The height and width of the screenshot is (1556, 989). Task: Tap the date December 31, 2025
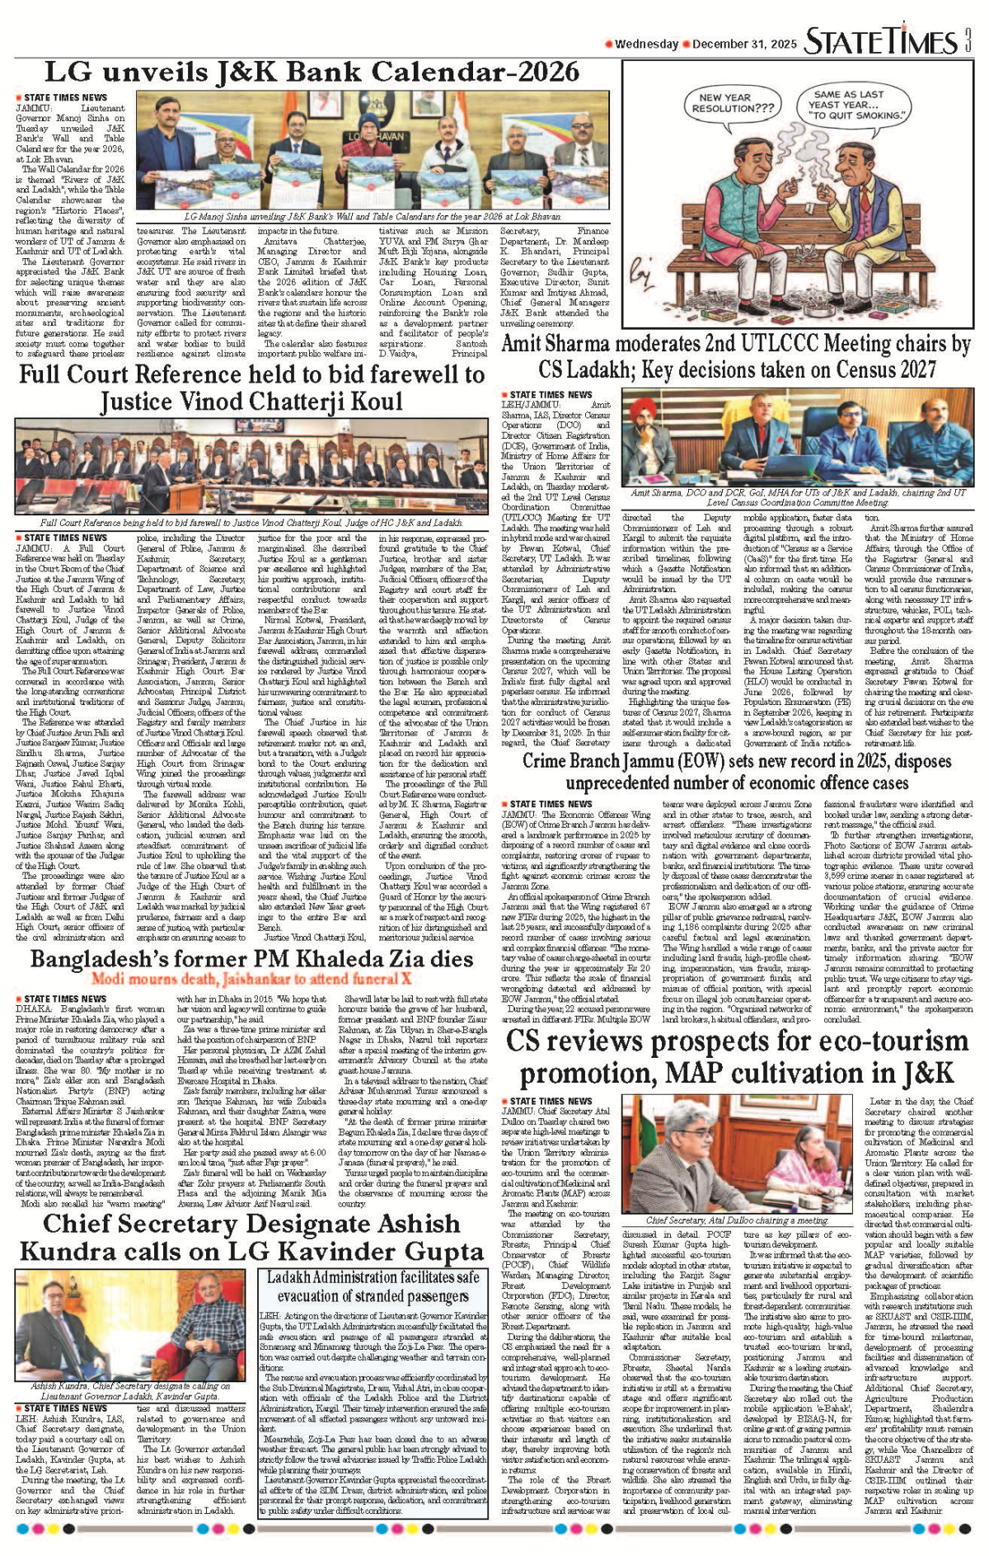(744, 45)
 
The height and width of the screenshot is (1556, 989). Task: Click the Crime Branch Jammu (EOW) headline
(737, 772)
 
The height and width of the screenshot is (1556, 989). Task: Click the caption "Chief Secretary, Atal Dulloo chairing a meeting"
(737, 1220)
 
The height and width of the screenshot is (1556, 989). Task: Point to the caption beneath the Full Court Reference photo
(251, 523)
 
